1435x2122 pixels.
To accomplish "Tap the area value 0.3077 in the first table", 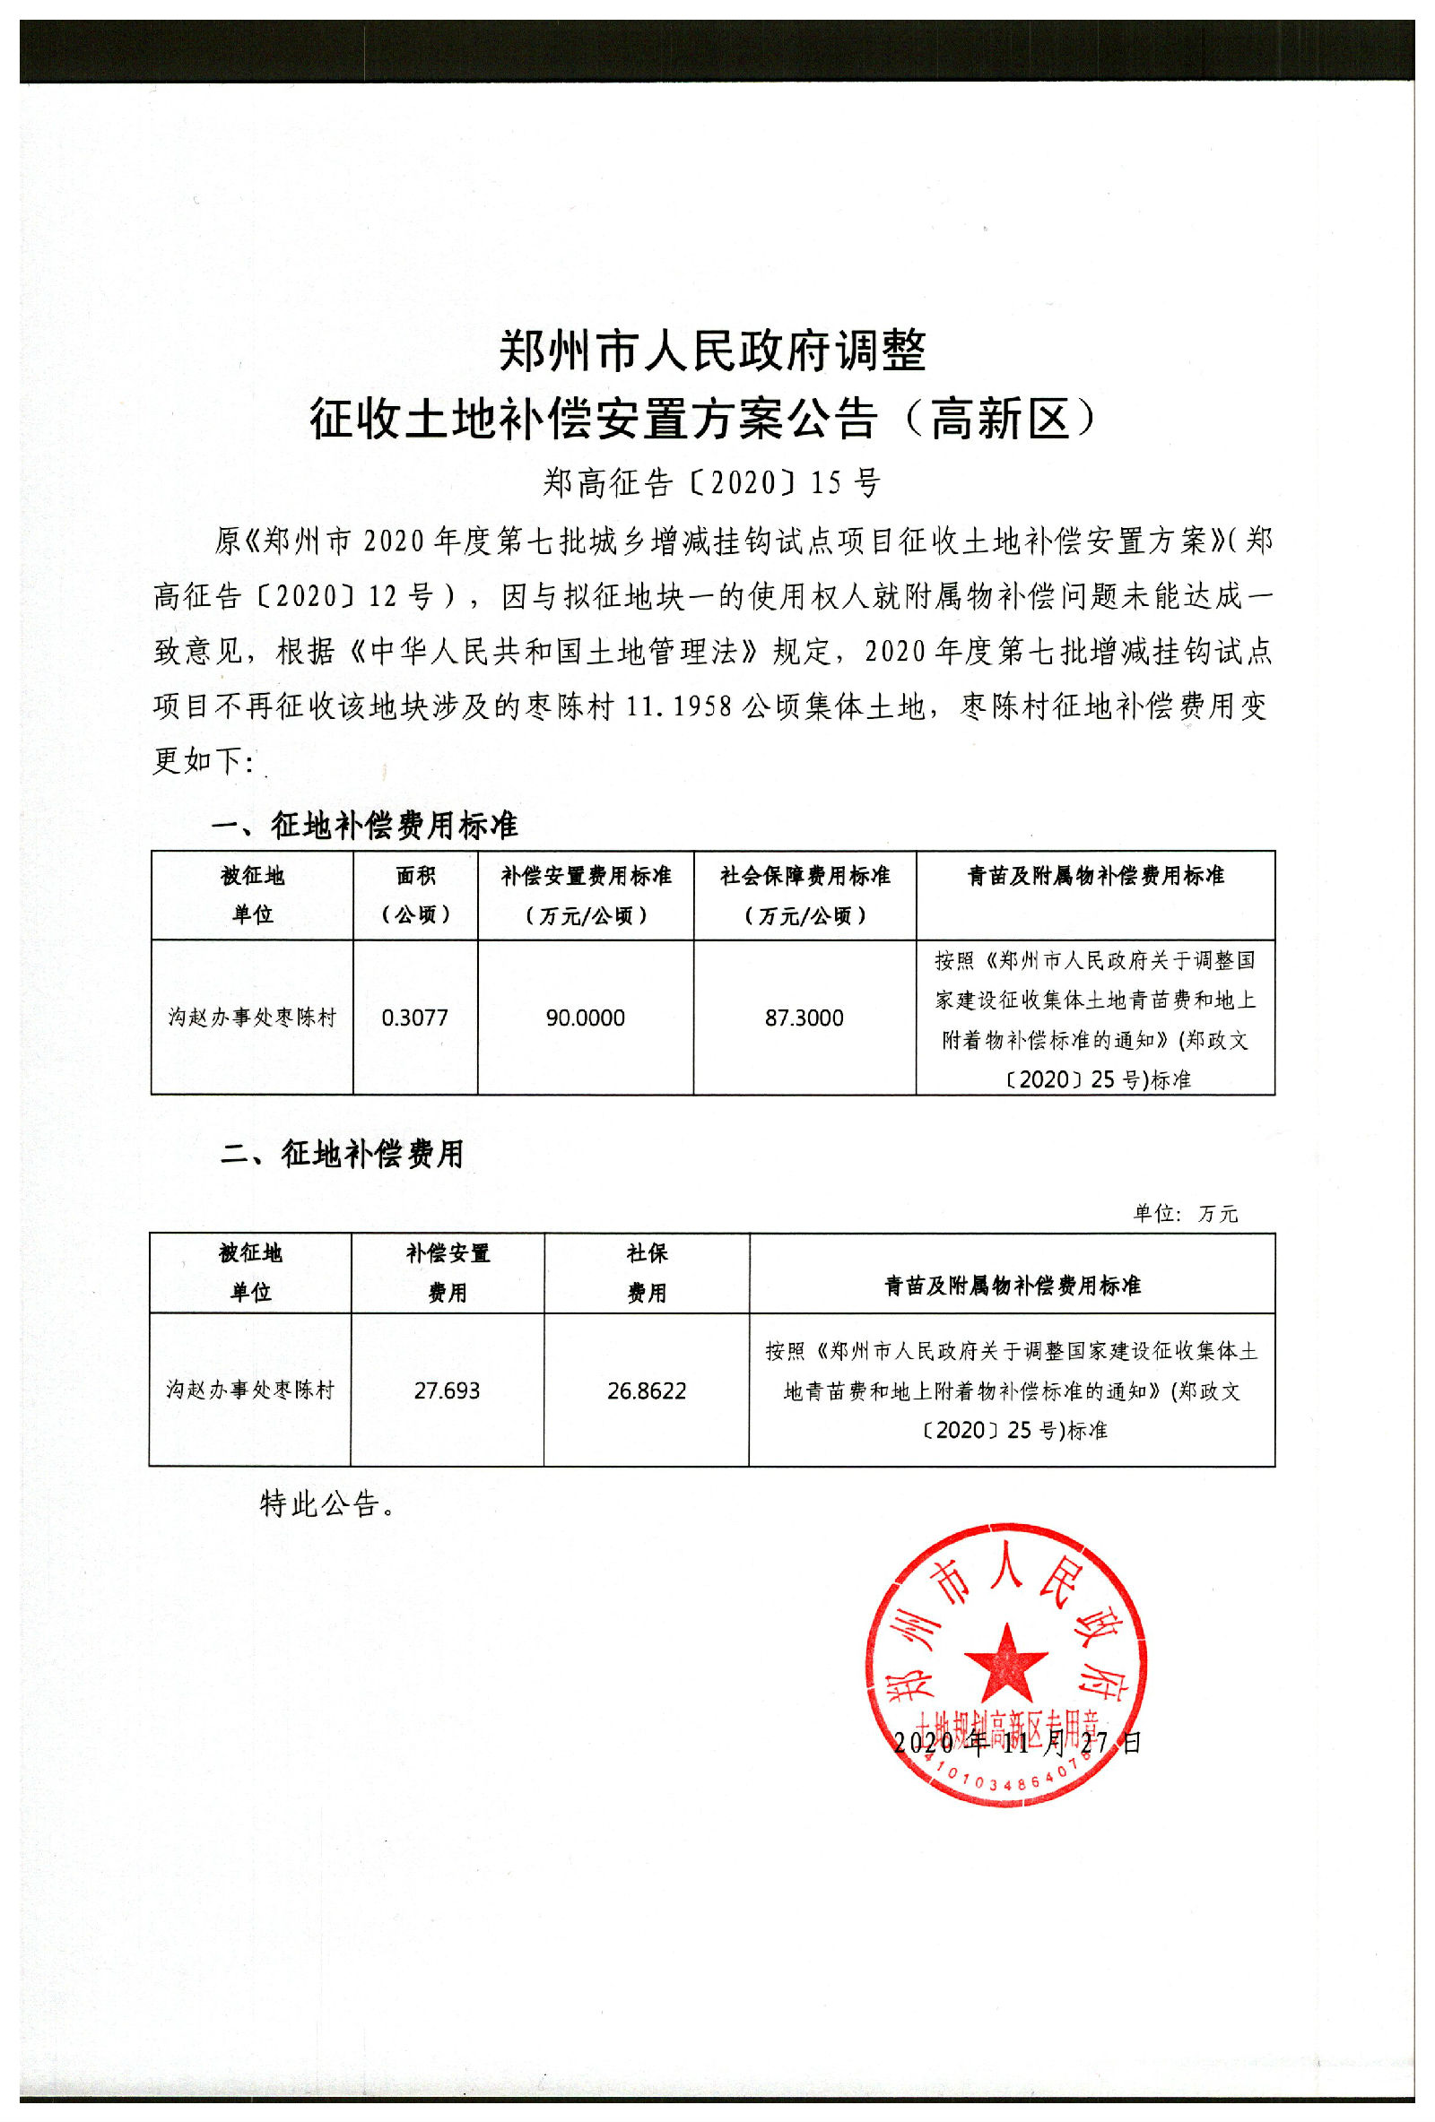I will pos(414,1018).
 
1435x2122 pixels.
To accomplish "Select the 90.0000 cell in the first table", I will pos(586,1018).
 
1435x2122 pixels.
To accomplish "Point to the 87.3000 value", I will pos(804,1018).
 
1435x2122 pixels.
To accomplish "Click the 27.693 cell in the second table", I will pos(447,1390).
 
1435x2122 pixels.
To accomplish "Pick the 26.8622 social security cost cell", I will pos(647,1390).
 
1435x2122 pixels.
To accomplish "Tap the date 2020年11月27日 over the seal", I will pos(1017,1741).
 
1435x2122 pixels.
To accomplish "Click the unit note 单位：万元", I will pos(1185,1214).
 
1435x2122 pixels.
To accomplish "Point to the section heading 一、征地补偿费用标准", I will pos(365,826).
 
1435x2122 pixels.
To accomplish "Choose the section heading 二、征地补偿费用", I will pos(343,1154).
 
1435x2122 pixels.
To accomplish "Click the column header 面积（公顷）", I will pos(415,895).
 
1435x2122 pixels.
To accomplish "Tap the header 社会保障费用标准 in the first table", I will pos(804,877).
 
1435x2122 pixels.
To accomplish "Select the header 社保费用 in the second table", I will pos(647,1273).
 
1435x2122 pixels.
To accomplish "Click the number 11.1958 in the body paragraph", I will pos(680,706).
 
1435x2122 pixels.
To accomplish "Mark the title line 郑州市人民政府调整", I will pos(712,351).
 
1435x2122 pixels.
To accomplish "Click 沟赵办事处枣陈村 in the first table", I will pos(252,1018).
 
